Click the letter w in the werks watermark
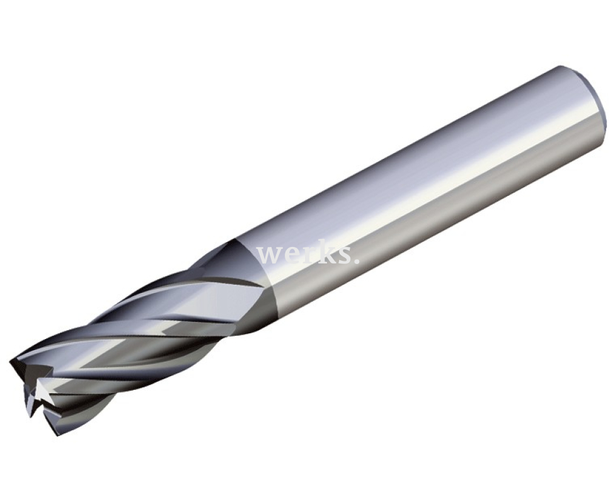point(270,255)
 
